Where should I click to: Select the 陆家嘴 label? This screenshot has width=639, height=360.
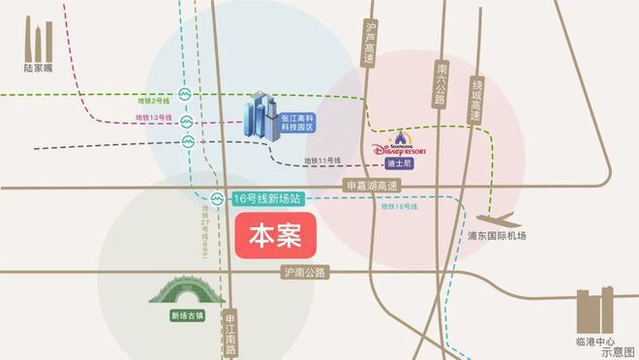click(36, 68)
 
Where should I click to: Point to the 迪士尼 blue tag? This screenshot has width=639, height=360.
click(399, 164)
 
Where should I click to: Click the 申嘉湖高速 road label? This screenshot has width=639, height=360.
click(371, 184)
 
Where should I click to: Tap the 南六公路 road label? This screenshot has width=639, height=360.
click(441, 84)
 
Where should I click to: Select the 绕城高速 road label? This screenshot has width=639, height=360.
click(473, 97)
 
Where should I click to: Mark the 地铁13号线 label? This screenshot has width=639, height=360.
click(154, 118)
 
